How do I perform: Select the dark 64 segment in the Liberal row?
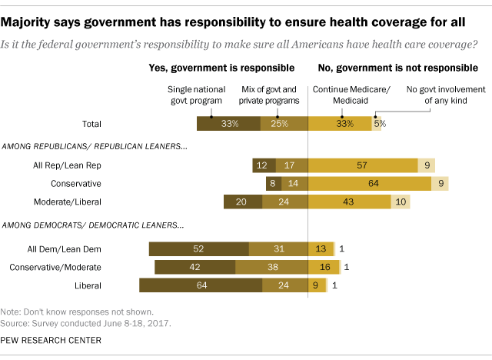click(200, 285)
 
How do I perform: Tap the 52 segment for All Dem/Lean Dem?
click(199, 248)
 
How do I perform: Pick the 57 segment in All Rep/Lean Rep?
click(362, 165)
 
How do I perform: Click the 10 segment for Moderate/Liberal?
click(401, 202)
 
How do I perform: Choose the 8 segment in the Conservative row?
click(272, 184)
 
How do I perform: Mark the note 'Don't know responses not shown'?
click(77, 312)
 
